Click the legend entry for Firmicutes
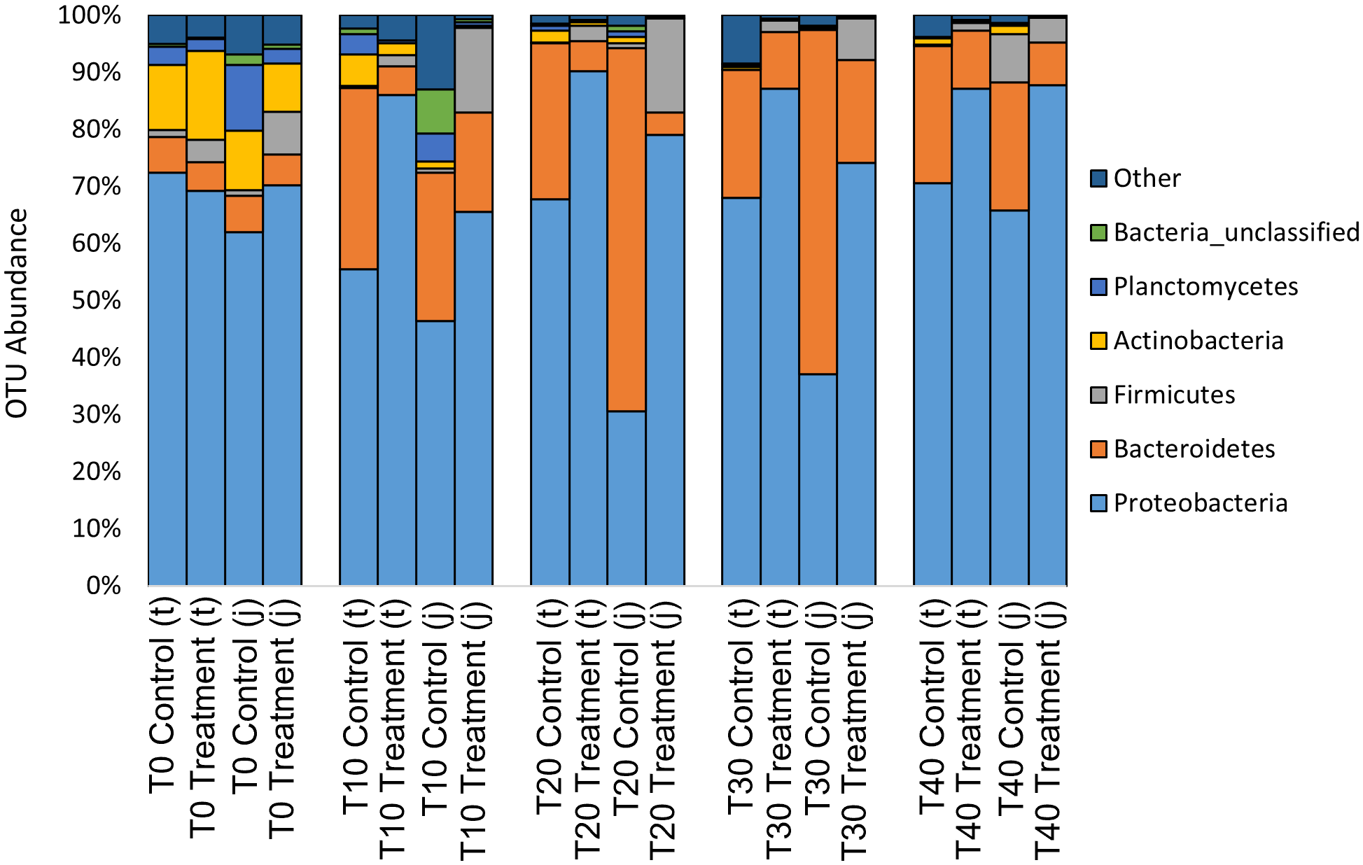(1173, 395)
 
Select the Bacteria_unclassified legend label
(1236, 232)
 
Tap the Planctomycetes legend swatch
(1098, 287)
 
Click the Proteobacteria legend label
(1200, 503)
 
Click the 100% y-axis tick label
(89, 15)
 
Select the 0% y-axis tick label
(103, 585)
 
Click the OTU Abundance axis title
(17, 314)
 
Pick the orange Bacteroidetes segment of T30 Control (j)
(818, 203)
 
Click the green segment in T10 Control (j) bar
(435, 111)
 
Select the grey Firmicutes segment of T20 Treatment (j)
(665, 65)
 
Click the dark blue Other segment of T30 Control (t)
(741, 39)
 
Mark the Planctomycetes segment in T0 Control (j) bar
(244, 98)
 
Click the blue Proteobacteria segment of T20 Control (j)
(627, 497)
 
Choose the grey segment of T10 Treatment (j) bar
(474, 70)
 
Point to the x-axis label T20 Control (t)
(550, 707)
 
